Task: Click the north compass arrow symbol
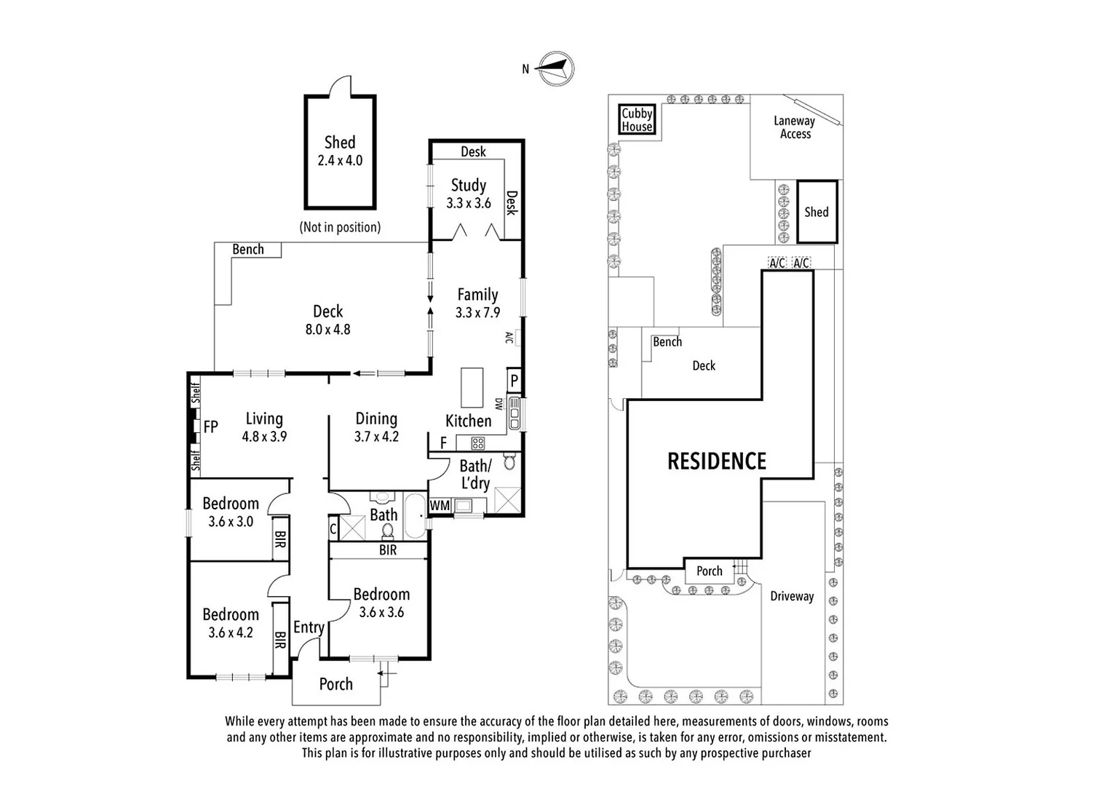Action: click(556, 69)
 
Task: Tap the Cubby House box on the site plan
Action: click(637, 120)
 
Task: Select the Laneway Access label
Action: click(795, 127)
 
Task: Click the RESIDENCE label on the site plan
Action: click(717, 461)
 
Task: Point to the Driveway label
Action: click(792, 596)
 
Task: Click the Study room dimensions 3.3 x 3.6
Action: click(469, 203)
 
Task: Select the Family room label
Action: click(477, 295)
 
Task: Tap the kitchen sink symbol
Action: click(515, 413)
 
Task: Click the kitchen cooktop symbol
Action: click(478, 442)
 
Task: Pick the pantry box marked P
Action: click(514, 380)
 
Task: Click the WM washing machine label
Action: click(440, 505)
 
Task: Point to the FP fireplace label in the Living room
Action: click(210, 426)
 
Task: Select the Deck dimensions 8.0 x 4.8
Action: click(327, 329)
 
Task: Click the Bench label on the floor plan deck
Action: click(248, 249)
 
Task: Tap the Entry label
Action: click(309, 627)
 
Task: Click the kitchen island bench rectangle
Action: click(472, 388)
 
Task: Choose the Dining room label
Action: click(376, 418)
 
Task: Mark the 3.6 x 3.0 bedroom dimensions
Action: click(231, 521)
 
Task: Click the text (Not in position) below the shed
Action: click(340, 227)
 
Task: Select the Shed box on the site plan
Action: click(817, 212)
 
